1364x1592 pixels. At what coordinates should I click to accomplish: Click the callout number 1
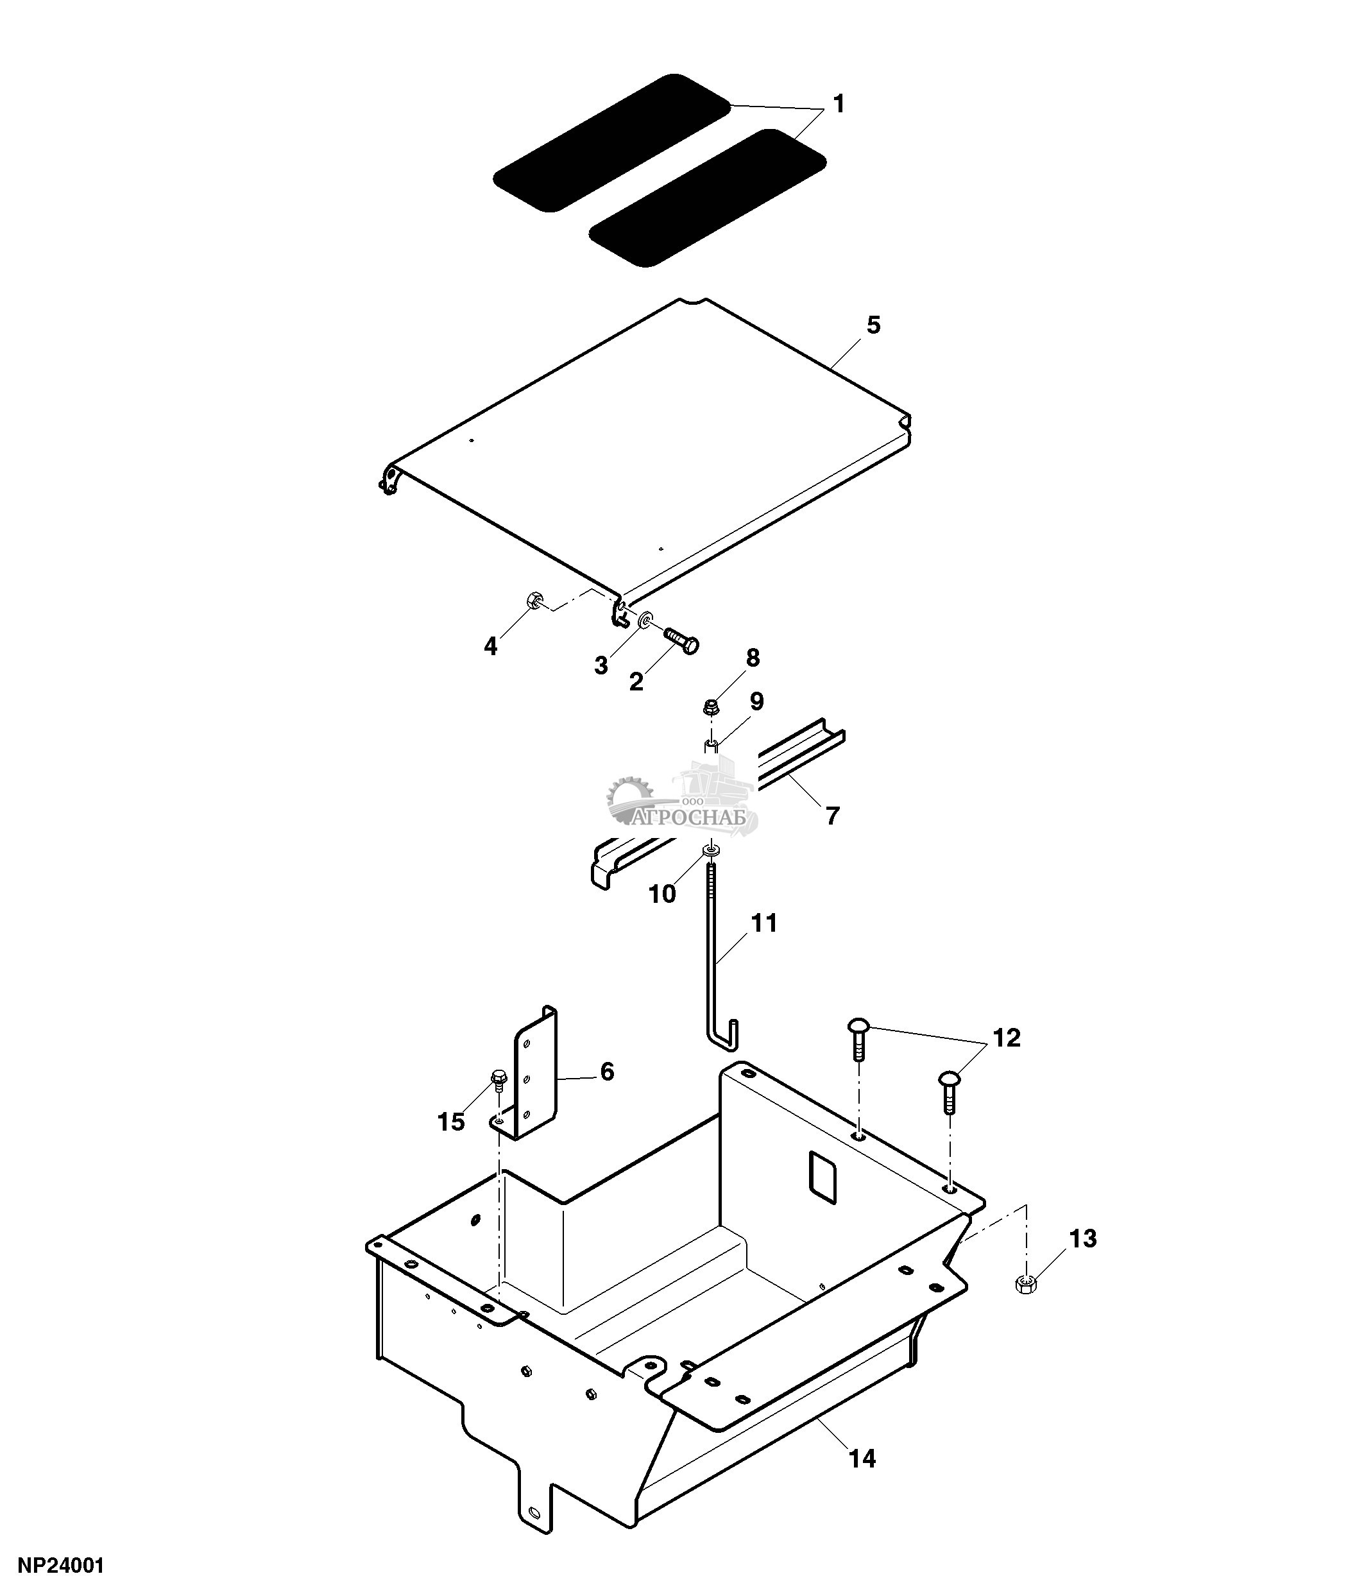tap(839, 104)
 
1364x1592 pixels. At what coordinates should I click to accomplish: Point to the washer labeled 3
tap(647, 618)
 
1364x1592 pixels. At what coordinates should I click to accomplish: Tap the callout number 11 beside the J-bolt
tap(764, 923)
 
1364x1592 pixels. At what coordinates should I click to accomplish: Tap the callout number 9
tap(756, 701)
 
